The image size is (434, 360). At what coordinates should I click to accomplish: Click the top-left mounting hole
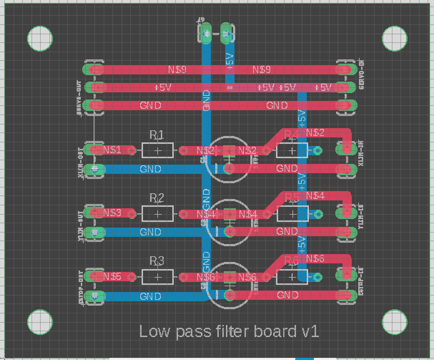click(x=40, y=38)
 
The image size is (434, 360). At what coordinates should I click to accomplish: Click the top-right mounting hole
click(x=395, y=38)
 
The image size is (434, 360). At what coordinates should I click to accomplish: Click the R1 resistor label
click(x=157, y=135)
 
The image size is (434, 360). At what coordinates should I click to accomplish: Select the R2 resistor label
click(x=157, y=198)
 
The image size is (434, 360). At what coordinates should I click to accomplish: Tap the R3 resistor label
click(x=157, y=261)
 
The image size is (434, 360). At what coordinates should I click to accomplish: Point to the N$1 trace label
click(x=112, y=150)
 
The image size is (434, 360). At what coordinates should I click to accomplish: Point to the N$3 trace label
click(x=112, y=213)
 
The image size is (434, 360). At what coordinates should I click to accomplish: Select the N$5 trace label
click(x=112, y=277)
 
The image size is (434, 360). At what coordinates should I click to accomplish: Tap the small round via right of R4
click(x=317, y=150)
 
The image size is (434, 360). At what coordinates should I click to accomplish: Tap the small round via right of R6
click(x=317, y=277)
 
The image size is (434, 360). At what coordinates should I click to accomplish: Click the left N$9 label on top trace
click(x=177, y=69)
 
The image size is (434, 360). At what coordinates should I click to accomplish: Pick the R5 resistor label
click(x=292, y=198)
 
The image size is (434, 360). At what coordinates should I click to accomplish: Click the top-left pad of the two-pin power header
click(x=206, y=34)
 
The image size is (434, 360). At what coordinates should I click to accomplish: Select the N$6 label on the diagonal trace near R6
click(x=315, y=259)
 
